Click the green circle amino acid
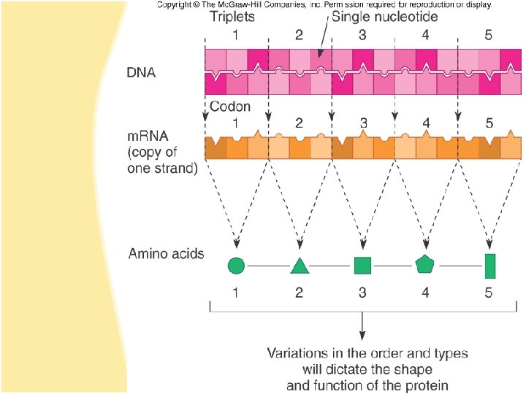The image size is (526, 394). pyautogui.click(x=235, y=266)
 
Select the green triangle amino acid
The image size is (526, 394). pyautogui.click(x=299, y=266)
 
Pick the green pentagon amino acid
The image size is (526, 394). pyautogui.click(x=424, y=264)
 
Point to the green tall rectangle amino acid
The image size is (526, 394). pyautogui.click(x=490, y=266)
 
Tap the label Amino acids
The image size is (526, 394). pyautogui.click(x=166, y=254)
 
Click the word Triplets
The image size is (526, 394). pyautogui.click(x=232, y=17)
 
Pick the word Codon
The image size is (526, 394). pyautogui.click(x=230, y=107)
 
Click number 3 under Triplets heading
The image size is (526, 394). pyautogui.click(x=362, y=34)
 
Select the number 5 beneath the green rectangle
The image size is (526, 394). pyautogui.click(x=490, y=293)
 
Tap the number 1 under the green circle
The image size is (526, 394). pyautogui.click(x=235, y=293)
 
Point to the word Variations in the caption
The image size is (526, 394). pyautogui.click(x=298, y=353)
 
